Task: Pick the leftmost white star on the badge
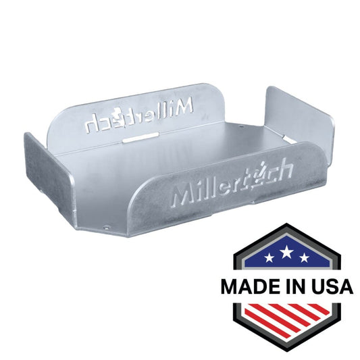(269, 257)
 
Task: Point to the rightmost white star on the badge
(305, 257)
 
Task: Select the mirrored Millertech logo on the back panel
(138, 116)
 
